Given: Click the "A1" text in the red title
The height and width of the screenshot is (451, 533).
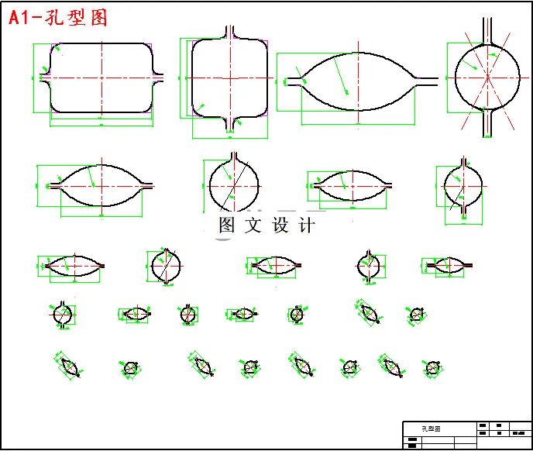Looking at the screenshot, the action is point(21,18).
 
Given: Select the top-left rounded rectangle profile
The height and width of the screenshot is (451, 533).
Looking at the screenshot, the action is point(101,77).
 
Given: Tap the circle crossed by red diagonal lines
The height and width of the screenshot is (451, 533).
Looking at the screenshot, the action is point(487,77).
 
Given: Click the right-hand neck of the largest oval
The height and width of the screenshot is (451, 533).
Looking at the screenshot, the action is point(427,78).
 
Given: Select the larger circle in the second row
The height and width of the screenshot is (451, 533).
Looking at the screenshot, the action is point(234,184).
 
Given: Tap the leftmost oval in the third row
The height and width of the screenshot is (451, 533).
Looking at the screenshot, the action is point(73,266).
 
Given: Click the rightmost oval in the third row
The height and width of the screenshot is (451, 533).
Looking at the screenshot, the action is point(447,266).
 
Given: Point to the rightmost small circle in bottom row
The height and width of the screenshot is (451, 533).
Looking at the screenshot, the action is point(432,367).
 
